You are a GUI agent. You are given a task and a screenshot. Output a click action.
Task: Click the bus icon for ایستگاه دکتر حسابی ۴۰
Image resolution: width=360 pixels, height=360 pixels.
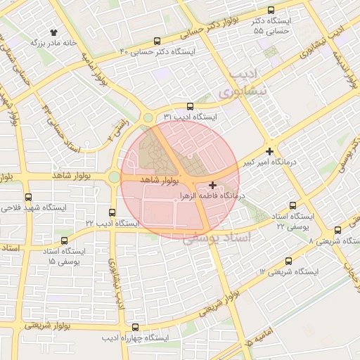pyautogui.click(x=157, y=41)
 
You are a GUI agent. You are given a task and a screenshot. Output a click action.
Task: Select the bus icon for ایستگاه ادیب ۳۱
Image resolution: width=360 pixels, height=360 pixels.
pyautogui.click(x=190, y=105)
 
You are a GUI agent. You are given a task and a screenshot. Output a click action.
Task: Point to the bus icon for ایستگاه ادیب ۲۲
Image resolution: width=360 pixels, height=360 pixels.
pyautogui.click(x=112, y=212)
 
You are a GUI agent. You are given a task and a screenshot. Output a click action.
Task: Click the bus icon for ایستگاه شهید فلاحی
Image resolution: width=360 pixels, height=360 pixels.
pyautogui.click(x=28, y=198)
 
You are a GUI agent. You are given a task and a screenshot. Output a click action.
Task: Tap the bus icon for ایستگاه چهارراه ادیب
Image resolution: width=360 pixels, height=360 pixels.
pyautogui.click(x=135, y=327)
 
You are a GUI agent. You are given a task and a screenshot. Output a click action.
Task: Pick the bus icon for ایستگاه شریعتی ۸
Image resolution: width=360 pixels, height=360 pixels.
pyautogui.click(x=338, y=230)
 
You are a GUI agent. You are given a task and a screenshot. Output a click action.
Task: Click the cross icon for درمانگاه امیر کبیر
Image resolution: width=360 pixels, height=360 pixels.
pyautogui.click(x=270, y=151)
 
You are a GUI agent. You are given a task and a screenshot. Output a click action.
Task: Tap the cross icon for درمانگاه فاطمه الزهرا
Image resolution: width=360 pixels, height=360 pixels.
pyautogui.click(x=213, y=184)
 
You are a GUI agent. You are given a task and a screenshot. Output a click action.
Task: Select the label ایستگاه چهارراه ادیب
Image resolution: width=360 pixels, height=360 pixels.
pyautogui.click(x=136, y=338)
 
